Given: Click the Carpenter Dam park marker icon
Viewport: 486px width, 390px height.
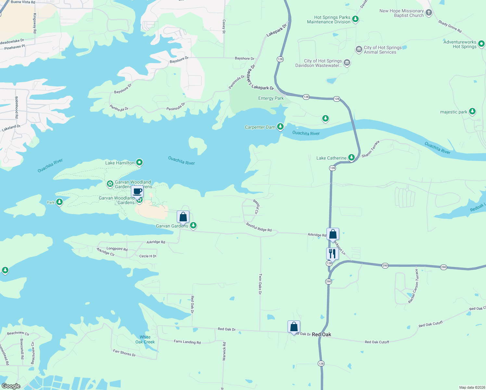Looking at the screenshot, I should [280, 126].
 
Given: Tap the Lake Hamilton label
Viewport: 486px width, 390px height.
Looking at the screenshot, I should [120, 163].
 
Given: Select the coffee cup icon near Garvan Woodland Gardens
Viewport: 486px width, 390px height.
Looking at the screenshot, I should [137, 191].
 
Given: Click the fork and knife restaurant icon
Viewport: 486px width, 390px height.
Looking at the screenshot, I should [332, 253].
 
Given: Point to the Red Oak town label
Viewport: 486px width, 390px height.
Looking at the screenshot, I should [321, 334].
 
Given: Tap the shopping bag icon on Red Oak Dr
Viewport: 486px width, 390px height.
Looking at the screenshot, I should [294, 327].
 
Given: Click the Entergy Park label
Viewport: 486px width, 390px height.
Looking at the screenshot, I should [271, 98].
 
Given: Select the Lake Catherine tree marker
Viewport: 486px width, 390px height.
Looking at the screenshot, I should [351, 158].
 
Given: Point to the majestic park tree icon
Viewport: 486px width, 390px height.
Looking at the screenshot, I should [472, 111].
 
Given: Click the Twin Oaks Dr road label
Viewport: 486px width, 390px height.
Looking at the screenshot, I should [260, 284].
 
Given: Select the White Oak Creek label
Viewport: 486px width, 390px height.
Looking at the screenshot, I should [145, 340].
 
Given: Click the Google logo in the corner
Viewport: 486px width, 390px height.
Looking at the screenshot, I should [11, 386].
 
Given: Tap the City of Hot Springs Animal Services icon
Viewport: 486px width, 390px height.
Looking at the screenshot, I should [359, 49].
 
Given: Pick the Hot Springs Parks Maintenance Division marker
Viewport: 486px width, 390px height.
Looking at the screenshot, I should [355, 19].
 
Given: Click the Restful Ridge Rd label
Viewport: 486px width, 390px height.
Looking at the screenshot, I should [259, 227].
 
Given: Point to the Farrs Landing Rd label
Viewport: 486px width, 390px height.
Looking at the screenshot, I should [187, 342].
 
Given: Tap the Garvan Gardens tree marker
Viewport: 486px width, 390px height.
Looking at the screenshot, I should [193, 225].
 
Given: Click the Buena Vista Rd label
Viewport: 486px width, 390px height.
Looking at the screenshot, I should [23, 2].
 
